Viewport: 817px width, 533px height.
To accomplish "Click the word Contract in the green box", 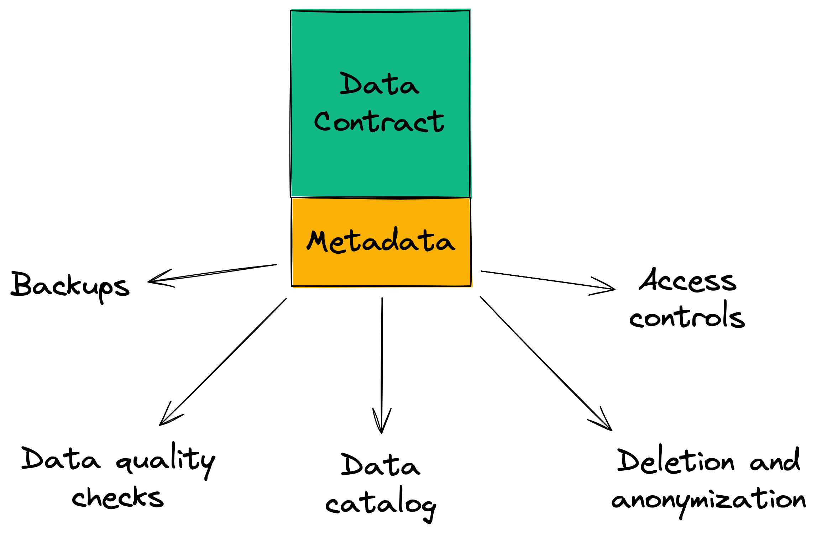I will coord(379,122).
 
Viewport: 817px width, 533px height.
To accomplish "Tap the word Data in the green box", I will coord(379,84).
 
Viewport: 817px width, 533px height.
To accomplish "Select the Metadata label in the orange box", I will coord(381,241).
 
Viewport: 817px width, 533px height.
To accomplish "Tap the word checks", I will coord(117,497).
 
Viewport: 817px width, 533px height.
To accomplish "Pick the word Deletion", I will coord(675,461).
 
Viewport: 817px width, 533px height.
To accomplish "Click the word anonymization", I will coord(708,500).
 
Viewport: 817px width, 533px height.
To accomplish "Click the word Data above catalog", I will coord(380,465).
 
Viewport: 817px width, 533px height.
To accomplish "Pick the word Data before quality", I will coord(61,459).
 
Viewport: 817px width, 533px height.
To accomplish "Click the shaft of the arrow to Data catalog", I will coord(382,356).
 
